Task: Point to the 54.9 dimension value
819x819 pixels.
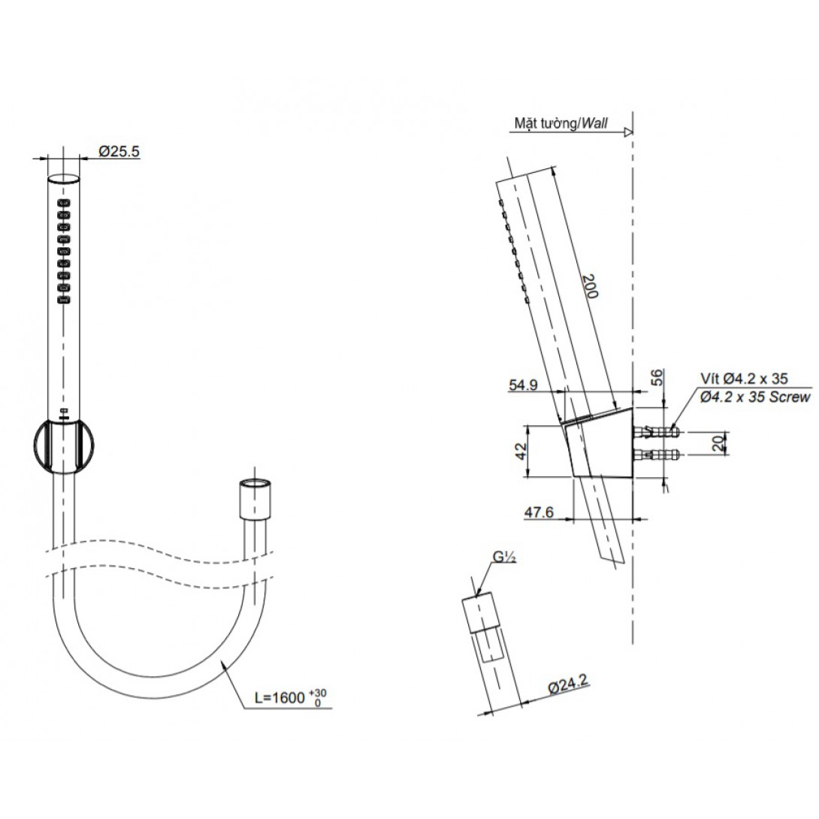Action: click(x=523, y=385)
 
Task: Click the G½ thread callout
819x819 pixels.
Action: click(x=504, y=558)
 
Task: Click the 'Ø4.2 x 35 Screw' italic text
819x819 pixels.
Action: click(x=754, y=397)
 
